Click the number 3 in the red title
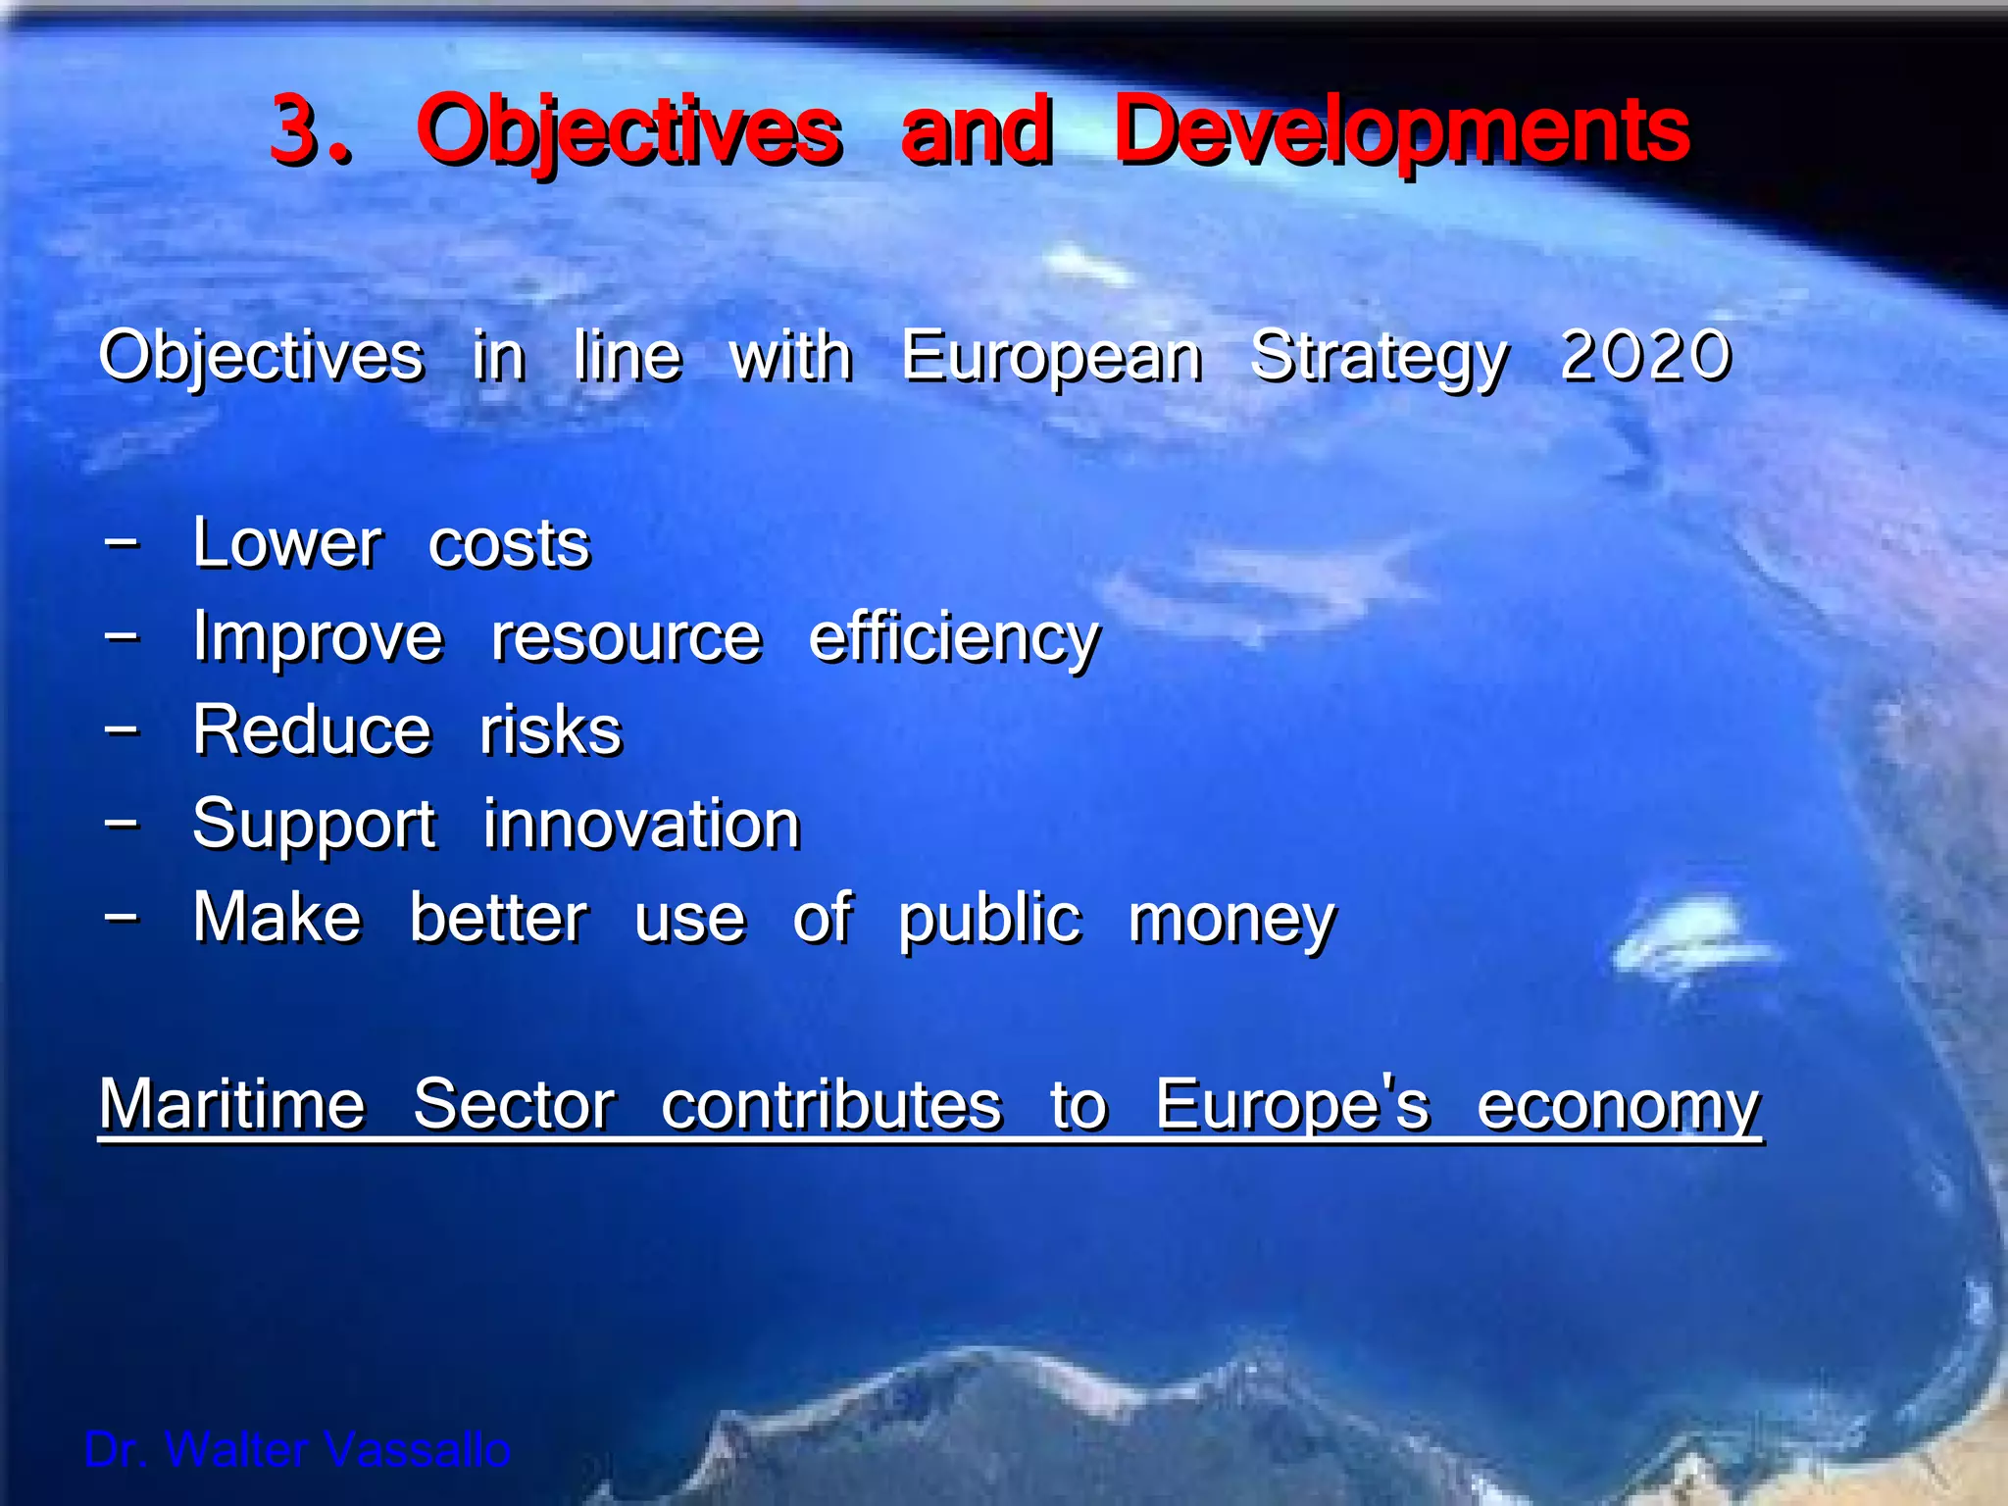[296, 130]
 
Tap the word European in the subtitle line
[1051, 357]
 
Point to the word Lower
[286, 543]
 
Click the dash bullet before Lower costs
[122, 541]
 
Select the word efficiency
[954, 638]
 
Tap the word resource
[626, 638]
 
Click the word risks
[550, 730]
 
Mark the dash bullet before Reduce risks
[122, 729]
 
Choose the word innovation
[641, 824]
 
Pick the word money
[1231, 920]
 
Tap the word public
[989, 920]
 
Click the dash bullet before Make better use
[122, 917]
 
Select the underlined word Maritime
[232, 1105]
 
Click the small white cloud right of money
[1691, 936]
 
